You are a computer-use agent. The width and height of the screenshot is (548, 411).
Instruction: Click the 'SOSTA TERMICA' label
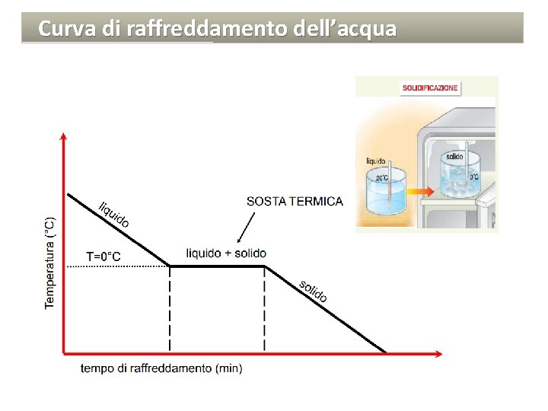[x=295, y=202]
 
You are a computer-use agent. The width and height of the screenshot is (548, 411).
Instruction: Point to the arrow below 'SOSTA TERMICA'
[x=246, y=226]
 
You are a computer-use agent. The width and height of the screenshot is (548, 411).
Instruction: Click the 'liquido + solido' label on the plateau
[x=226, y=253]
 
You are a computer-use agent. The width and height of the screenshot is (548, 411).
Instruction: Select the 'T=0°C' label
[x=103, y=256]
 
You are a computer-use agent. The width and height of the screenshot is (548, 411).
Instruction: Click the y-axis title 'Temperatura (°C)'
[x=50, y=263]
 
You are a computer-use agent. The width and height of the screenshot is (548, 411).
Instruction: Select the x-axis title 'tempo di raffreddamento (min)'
[x=161, y=368]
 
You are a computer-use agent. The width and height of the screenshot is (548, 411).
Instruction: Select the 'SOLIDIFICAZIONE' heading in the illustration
[x=430, y=88]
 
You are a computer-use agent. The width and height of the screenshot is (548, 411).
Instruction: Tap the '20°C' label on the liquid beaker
[x=381, y=178]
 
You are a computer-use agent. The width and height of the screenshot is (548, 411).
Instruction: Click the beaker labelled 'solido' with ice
[x=459, y=179]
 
